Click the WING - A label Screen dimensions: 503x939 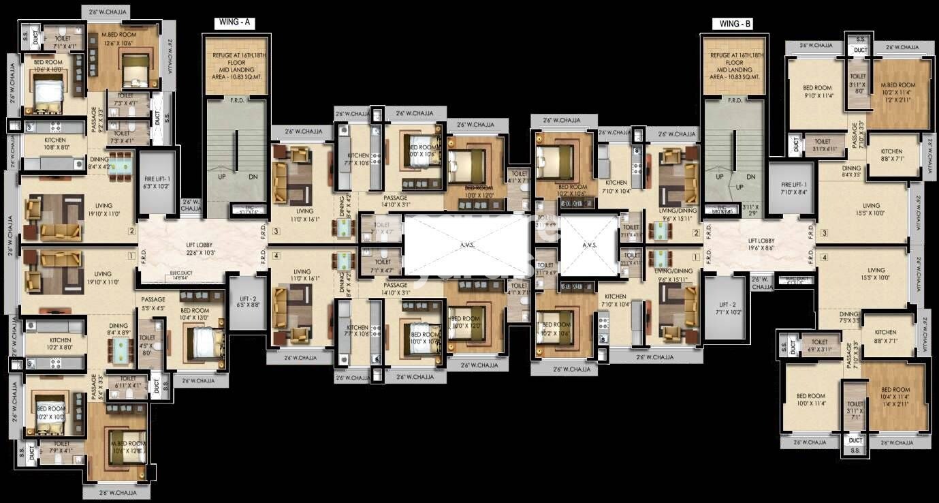coord(235,22)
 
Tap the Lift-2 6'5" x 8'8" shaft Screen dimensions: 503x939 coord(245,302)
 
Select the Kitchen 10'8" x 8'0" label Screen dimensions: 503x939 coord(57,142)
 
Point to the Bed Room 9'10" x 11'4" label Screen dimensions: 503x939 coord(817,91)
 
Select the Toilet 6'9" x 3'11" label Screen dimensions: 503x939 coord(819,346)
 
